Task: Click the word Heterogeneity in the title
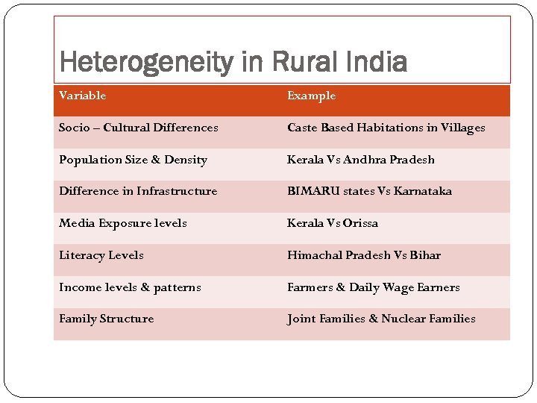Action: click(145, 62)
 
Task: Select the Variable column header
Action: click(83, 96)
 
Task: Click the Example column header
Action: click(312, 96)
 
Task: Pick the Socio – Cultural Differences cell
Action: click(139, 128)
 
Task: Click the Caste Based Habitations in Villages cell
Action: click(386, 128)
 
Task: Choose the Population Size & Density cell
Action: click(133, 160)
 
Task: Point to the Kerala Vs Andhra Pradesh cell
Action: click(361, 160)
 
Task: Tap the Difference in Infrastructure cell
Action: click(138, 191)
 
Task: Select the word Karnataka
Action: click(423, 191)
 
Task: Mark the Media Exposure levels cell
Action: click(123, 223)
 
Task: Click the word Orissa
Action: click(360, 223)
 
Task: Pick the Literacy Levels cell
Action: click(101, 255)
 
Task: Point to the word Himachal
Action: click(314, 255)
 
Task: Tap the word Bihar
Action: click(425, 255)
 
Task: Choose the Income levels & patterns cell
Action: click(130, 287)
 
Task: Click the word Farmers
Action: click(310, 287)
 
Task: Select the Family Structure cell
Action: click(107, 319)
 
